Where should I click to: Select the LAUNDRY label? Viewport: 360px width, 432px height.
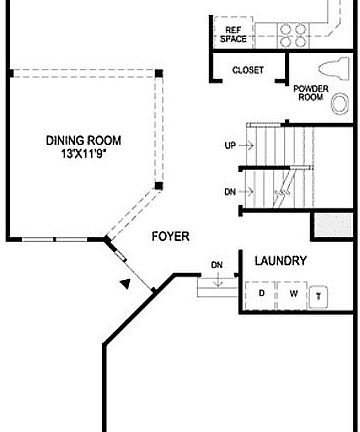coord(280,262)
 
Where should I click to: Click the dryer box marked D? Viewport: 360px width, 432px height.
coord(262,295)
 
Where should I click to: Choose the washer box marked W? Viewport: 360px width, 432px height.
coord(293,295)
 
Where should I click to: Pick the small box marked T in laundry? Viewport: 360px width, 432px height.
coord(319,296)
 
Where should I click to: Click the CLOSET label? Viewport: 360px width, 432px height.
coord(247,71)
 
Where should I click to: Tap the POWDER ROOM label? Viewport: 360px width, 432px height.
coord(311,92)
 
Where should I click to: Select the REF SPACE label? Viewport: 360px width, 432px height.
coord(232,35)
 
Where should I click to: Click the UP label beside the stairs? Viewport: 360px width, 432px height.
coord(229,146)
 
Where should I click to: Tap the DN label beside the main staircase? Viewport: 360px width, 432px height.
coord(229,190)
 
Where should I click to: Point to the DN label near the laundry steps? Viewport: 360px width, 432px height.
coord(217,265)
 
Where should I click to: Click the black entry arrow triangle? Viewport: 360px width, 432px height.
coord(125,284)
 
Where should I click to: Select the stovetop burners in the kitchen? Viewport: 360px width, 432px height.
coord(291,35)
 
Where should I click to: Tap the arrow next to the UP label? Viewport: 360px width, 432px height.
coord(247,146)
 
